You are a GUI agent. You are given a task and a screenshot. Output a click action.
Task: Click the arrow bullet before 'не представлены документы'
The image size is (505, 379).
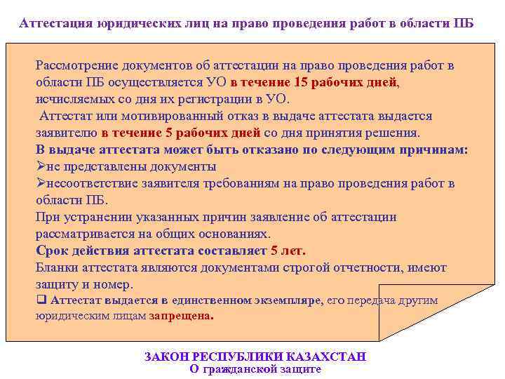(x=40, y=167)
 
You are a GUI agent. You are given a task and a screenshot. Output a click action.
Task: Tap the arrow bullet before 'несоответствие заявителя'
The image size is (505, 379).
(x=40, y=184)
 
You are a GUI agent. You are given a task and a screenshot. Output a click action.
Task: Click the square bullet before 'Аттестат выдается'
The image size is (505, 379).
(x=40, y=300)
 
